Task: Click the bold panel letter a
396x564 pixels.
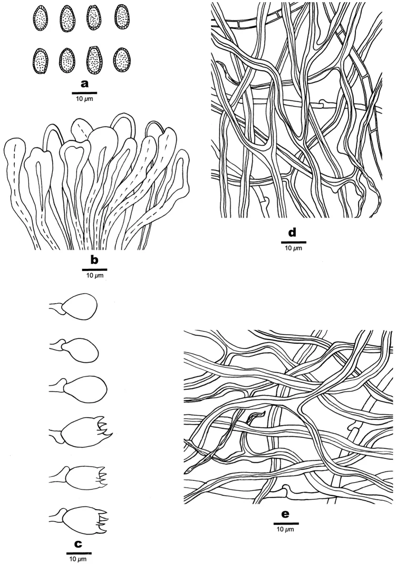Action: [x=84, y=84]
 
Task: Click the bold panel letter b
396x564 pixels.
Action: [x=94, y=260]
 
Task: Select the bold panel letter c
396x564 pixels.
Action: [x=79, y=544]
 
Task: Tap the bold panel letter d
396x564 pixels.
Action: [x=293, y=233]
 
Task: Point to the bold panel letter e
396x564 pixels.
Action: [x=285, y=514]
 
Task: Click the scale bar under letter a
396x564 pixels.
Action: [x=84, y=92]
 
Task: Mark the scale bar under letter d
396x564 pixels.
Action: [x=293, y=242]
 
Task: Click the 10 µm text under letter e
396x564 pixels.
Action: [x=286, y=530]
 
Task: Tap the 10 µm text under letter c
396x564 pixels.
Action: [x=78, y=559]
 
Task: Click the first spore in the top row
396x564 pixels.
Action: [x=40, y=18]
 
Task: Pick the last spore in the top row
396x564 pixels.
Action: [x=122, y=17]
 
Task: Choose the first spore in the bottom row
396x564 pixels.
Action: [x=40, y=61]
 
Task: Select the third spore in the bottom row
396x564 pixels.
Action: [x=94, y=60]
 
